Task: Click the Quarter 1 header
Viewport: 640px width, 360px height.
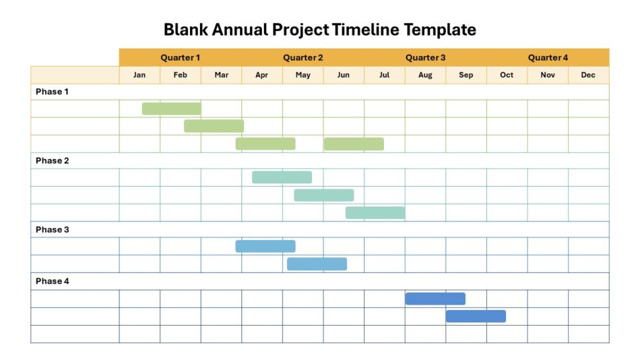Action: click(x=180, y=58)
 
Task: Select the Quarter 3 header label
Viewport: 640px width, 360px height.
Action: click(x=425, y=58)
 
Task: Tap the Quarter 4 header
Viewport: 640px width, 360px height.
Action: click(x=548, y=58)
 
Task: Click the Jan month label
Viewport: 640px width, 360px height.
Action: click(x=139, y=75)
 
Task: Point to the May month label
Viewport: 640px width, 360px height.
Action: click(x=303, y=75)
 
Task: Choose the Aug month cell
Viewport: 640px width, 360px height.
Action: click(x=425, y=75)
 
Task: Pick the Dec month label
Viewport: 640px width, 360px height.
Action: click(x=588, y=75)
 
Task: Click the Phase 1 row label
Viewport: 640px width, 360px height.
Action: click(x=53, y=92)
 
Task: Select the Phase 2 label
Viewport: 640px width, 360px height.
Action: click(x=53, y=161)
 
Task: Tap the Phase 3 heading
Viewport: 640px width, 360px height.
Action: click(x=53, y=230)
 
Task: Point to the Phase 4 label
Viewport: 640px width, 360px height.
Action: click(x=53, y=281)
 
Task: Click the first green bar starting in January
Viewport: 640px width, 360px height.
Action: click(x=171, y=109)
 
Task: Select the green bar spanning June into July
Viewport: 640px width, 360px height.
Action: click(x=354, y=144)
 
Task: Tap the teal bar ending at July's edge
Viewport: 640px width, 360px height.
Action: click(x=375, y=213)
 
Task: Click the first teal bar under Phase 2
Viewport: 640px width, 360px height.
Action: click(x=282, y=177)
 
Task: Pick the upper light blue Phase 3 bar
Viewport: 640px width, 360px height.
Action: click(x=265, y=246)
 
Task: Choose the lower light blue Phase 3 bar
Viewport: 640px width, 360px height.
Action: click(x=317, y=264)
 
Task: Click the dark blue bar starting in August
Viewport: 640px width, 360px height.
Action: click(x=435, y=299)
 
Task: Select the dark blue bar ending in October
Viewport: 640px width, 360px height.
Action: click(x=476, y=316)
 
